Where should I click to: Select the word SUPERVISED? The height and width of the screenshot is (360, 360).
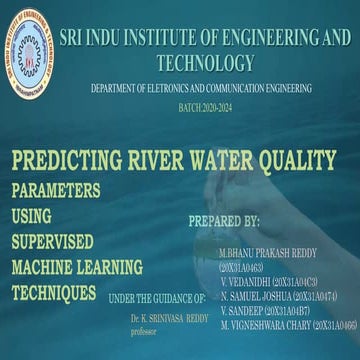coord(52,240)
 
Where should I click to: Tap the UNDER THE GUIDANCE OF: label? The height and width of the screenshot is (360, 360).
coord(156,298)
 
